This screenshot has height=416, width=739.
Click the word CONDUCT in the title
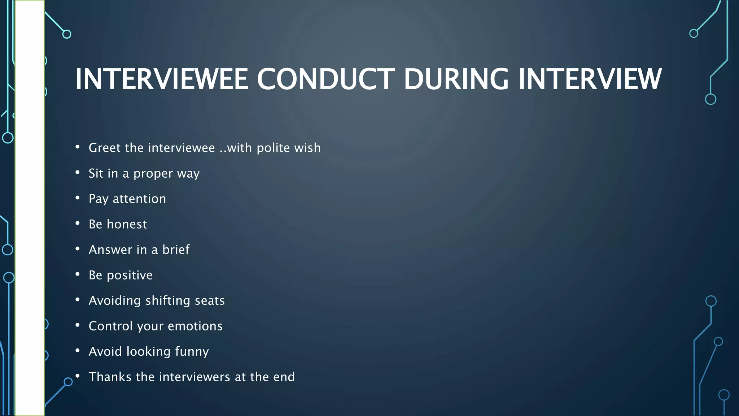coord(325,79)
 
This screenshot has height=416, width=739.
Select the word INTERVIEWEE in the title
coord(161,79)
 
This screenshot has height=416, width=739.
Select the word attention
coord(139,199)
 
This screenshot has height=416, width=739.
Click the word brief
coord(176,250)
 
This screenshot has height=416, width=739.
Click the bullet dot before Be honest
coord(78,224)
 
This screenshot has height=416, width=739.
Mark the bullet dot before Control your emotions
coord(78,325)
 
